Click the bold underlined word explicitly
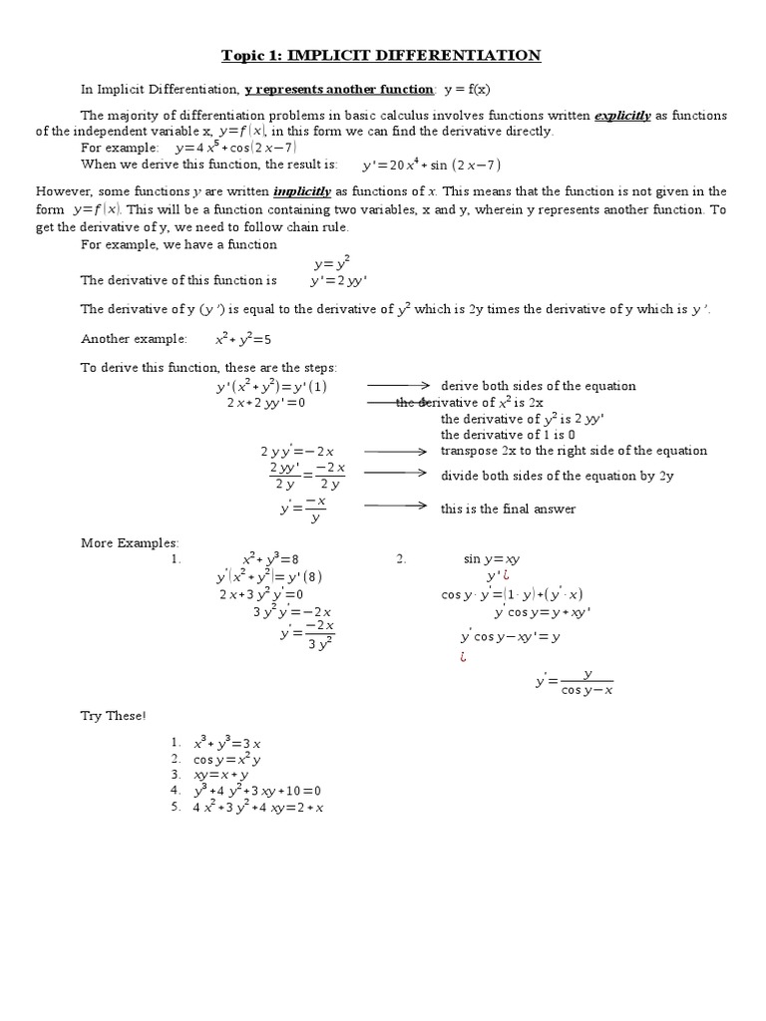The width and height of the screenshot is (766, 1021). (x=622, y=116)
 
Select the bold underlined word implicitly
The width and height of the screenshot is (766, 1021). (x=304, y=190)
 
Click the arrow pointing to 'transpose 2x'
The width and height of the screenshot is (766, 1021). (x=397, y=451)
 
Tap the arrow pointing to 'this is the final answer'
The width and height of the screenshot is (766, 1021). (x=397, y=508)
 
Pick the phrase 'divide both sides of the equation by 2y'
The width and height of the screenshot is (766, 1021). (x=558, y=476)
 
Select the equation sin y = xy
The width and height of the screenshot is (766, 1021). (x=493, y=560)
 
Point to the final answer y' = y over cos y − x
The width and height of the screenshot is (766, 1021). (x=574, y=683)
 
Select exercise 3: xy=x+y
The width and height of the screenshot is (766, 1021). (x=220, y=775)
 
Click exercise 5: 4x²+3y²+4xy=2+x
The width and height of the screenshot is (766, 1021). (x=257, y=807)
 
